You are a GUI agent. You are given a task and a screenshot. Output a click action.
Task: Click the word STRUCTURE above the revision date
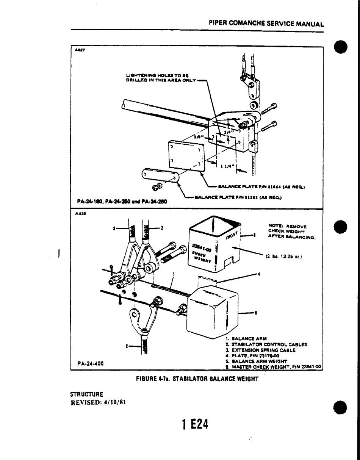point(86,394)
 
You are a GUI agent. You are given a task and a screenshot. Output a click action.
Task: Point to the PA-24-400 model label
point(91,363)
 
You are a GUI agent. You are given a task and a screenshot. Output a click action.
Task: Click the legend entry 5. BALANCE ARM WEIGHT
point(256,361)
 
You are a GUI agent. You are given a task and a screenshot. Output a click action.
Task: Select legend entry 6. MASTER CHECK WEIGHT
point(273,367)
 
